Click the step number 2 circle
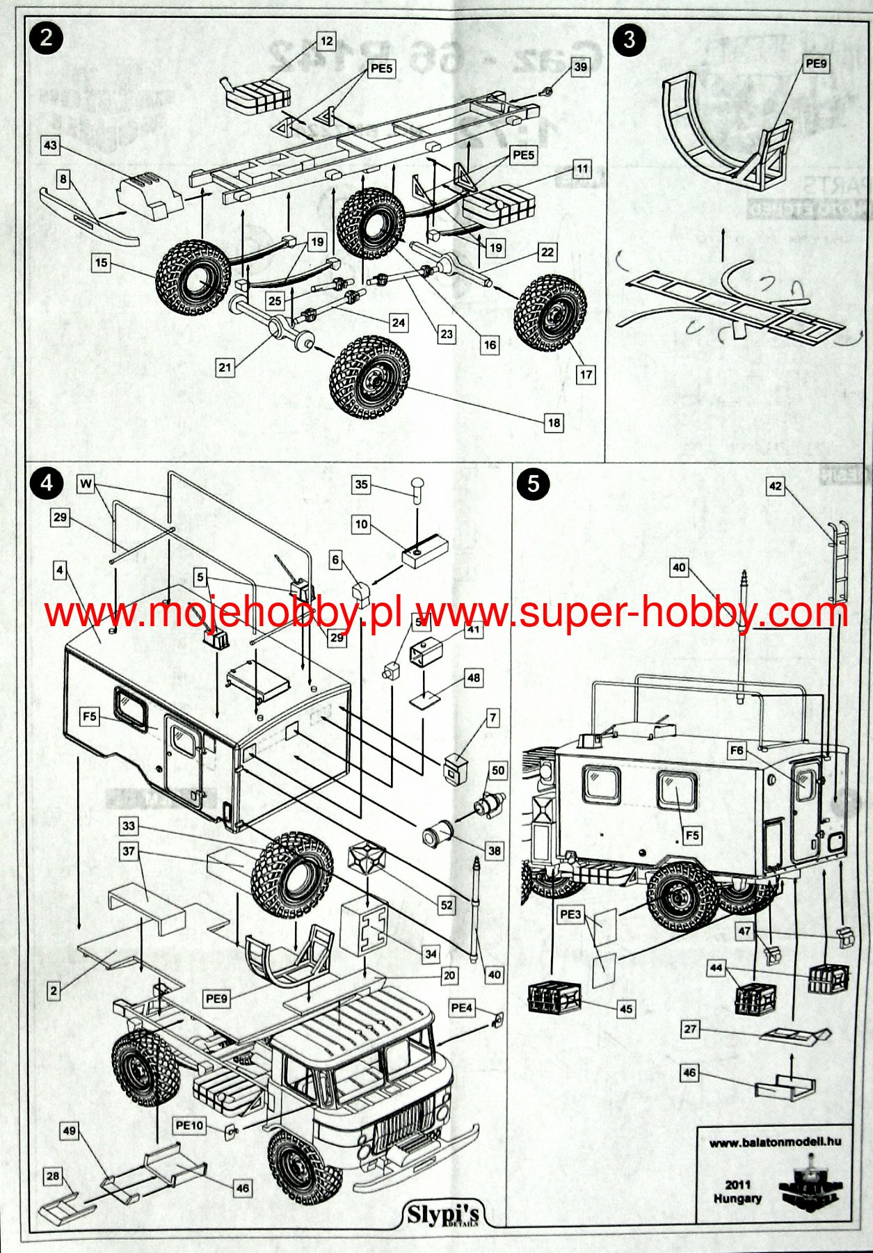pos(47,37)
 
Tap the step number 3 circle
pos(629,39)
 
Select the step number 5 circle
pos(534,484)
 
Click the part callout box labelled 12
pos(326,41)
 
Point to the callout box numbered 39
pos(580,67)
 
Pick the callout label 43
pos(50,145)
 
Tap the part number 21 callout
pos(225,367)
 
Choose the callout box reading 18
pos(554,422)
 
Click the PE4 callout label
pos(461,1007)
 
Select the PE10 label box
pos(189,1125)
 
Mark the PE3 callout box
pos(570,914)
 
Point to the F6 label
pos(737,751)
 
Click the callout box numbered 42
pos(775,486)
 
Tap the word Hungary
pos(737,1199)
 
